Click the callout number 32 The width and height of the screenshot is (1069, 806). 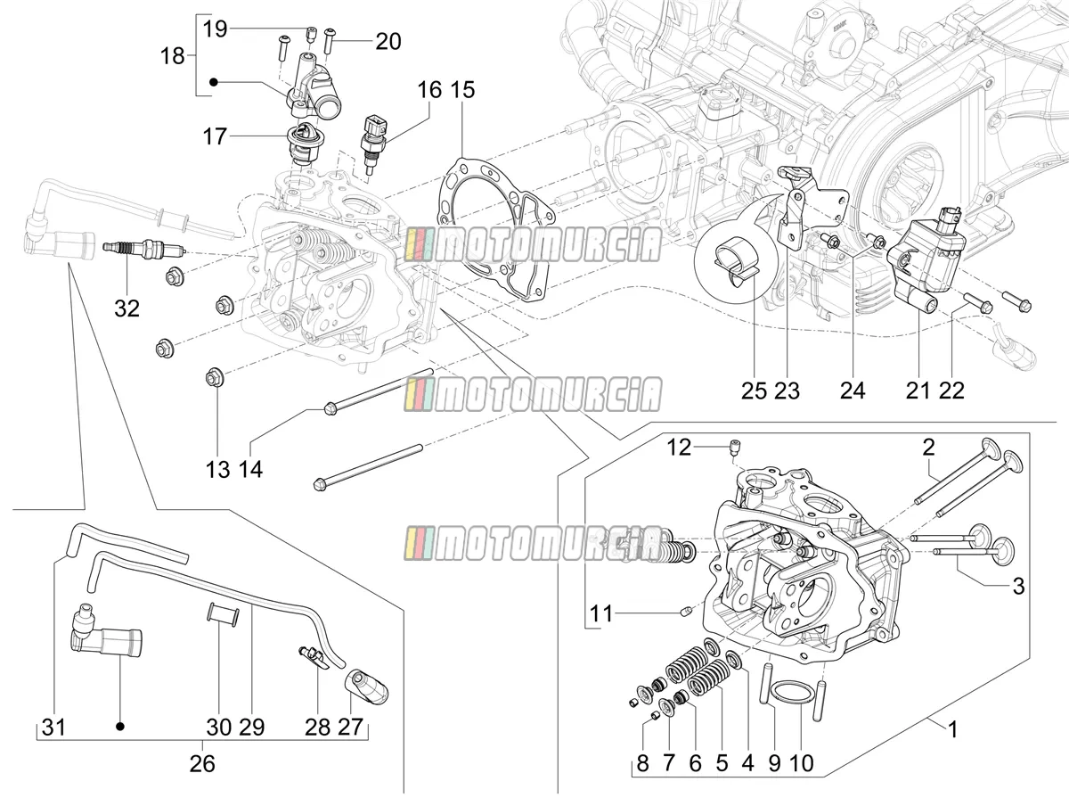[126, 308]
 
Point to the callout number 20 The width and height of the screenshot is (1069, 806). [388, 41]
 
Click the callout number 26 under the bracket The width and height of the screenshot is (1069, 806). [202, 763]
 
